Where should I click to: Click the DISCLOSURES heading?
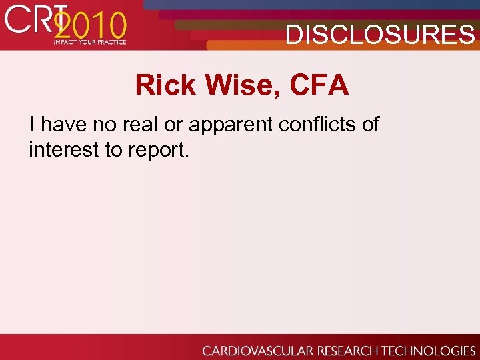coord(380,34)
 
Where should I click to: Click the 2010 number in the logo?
coord(90,27)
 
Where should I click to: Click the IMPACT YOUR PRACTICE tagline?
coord(89,42)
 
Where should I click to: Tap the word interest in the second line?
coord(64,150)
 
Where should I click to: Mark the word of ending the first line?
coord(369,124)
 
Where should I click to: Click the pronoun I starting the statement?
coord(32,124)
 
